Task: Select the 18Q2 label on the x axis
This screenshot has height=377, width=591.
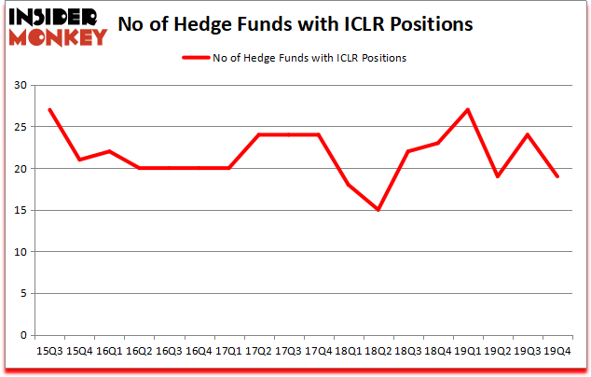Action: (378, 350)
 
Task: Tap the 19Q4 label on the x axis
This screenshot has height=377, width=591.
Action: (558, 350)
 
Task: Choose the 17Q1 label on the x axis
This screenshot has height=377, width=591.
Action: (228, 350)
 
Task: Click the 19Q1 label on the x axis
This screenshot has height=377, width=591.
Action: (468, 350)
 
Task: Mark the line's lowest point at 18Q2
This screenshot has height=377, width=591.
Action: (378, 210)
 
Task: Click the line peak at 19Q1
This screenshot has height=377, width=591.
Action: (468, 110)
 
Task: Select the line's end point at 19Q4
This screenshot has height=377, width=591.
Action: (558, 177)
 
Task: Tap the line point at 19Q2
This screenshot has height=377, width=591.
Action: (498, 177)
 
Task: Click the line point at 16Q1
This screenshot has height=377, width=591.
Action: (109, 152)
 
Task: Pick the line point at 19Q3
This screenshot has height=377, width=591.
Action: (528, 135)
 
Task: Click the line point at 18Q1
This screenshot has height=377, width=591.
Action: (349, 185)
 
